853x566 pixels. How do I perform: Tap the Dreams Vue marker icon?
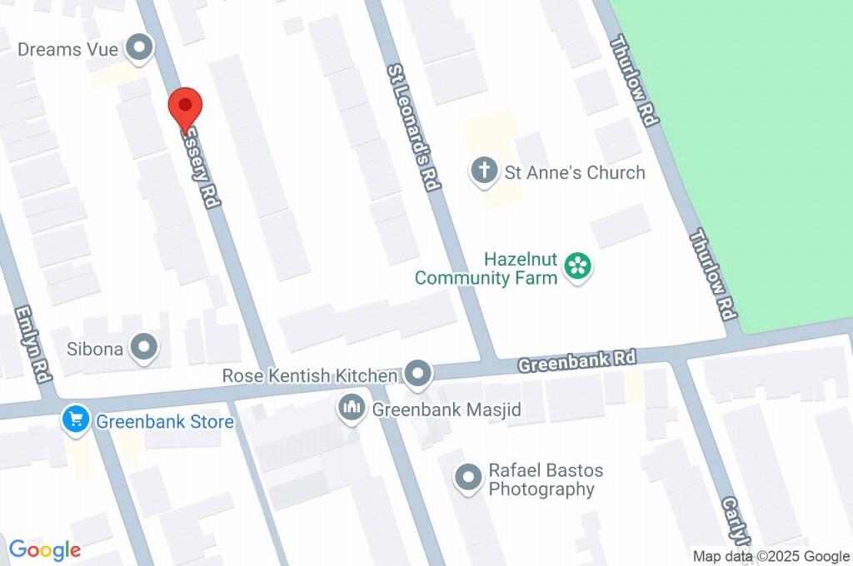coord(139,48)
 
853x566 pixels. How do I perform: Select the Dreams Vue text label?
coord(68,49)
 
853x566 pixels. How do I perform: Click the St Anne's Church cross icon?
coord(483,171)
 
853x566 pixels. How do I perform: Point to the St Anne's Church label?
coord(575,172)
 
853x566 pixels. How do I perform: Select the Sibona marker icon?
coord(146,347)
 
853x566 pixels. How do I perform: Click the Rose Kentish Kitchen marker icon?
coord(418,375)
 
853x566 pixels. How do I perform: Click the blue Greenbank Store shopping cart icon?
coord(76,420)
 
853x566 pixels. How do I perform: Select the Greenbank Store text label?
coord(165,422)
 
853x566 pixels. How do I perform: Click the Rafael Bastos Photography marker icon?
coord(468,478)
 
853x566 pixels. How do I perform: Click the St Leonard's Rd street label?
coord(413,128)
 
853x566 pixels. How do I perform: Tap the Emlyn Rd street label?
coord(32,344)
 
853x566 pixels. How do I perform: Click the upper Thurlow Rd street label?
coord(635,81)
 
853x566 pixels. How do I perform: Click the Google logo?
coord(45,549)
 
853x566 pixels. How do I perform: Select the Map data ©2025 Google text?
coord(771,556)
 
